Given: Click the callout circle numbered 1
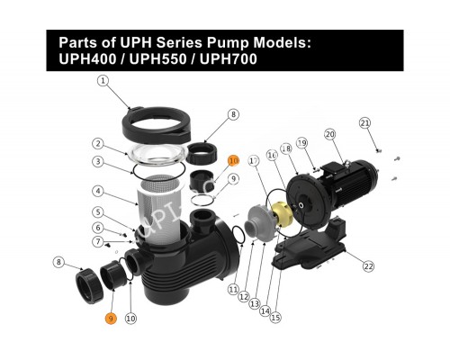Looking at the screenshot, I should [103, 80].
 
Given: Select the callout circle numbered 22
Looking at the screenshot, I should [368, 265].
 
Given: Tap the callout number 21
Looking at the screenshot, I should [364, 122].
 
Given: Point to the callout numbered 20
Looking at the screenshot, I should [330, 134].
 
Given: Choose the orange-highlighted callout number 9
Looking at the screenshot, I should [111, 319].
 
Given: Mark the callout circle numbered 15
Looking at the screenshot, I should [275, 317].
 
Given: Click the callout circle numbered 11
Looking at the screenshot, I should [233, 290].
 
